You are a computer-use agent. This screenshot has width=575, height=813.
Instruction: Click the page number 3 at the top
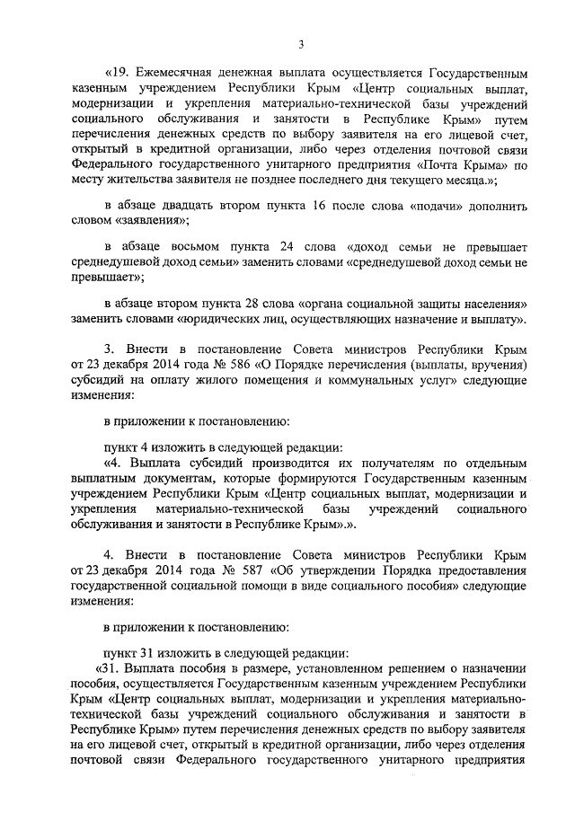301,44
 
